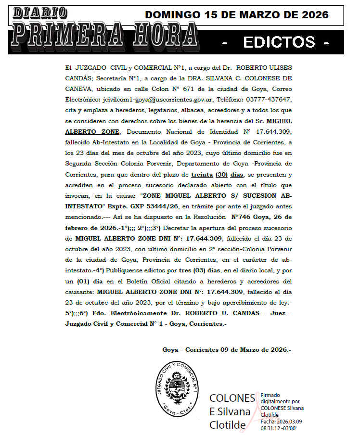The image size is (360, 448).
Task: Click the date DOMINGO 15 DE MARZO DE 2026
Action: (237, 15)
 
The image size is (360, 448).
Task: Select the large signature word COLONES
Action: (232, 398)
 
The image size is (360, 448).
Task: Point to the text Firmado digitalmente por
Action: (280, 398)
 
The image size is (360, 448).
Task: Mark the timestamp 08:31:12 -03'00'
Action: (279, 427)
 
